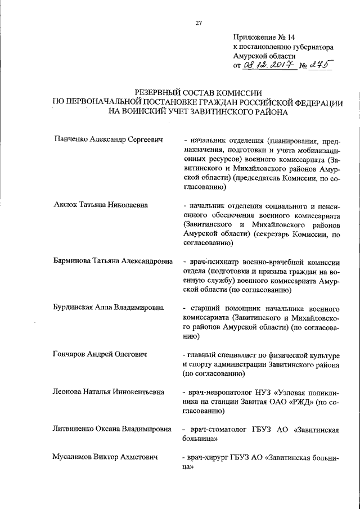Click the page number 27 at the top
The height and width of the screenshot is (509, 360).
pyautogui.click(x=199, y=23)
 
